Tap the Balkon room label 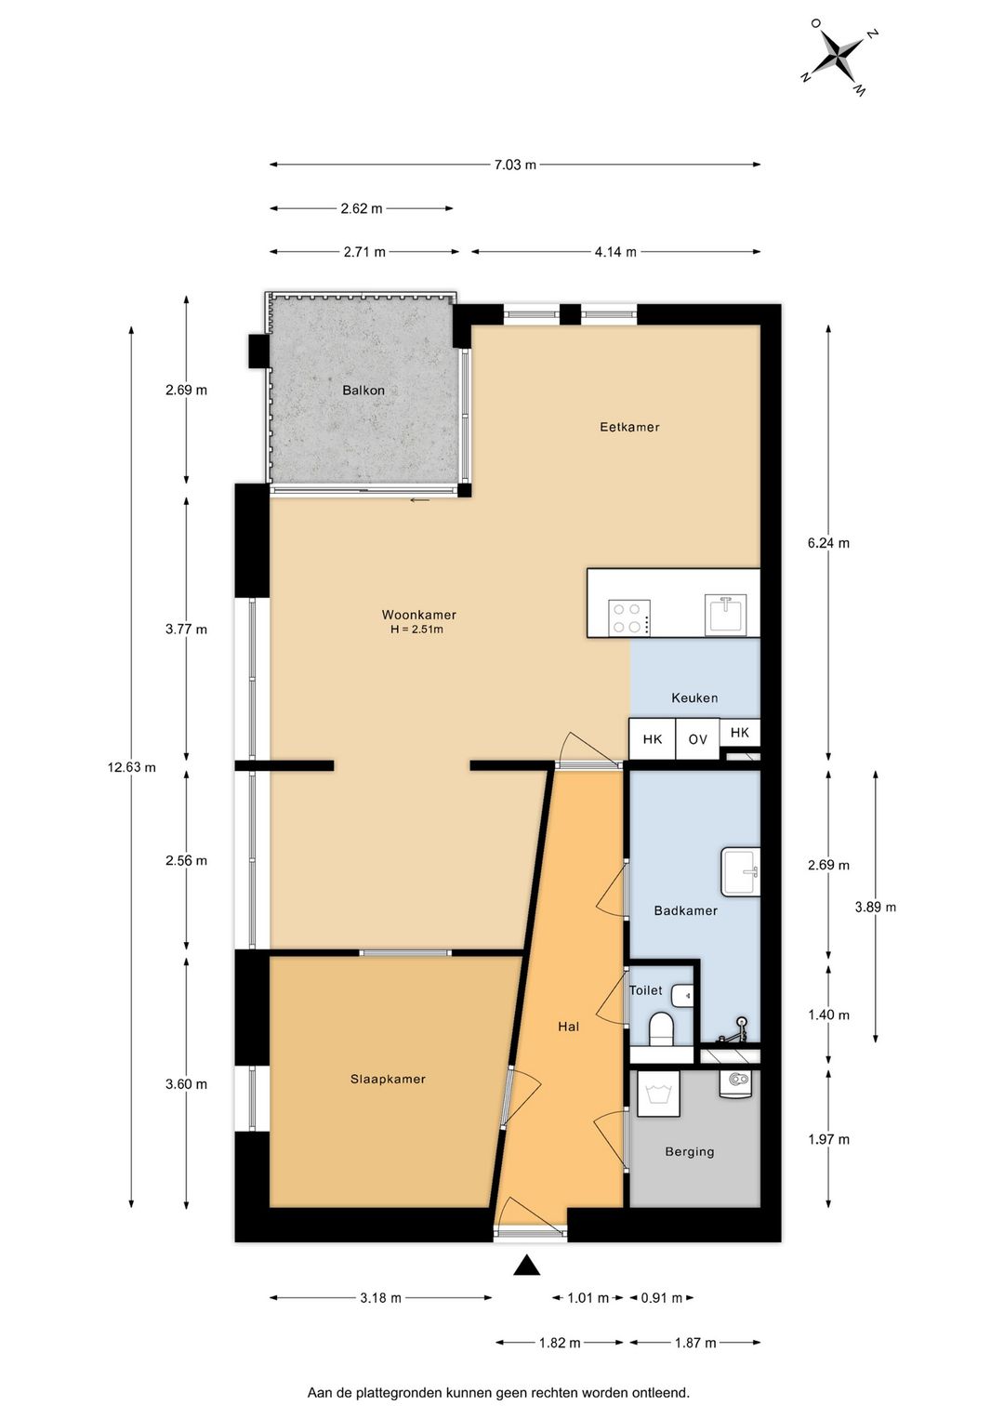(363, 391)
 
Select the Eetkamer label (629, 427)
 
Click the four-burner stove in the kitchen (628, 617)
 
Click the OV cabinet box (697, 738)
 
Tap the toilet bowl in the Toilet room (662, 1029)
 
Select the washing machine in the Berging (658, 1094)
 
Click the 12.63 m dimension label (132, 768)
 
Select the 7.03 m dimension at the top (515, 165)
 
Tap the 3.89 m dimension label (876, 908)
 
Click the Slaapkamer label (388, 1080)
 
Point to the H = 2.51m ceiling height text (416, 630)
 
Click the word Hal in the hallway (569, 1027)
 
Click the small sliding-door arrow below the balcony (420, 500)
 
